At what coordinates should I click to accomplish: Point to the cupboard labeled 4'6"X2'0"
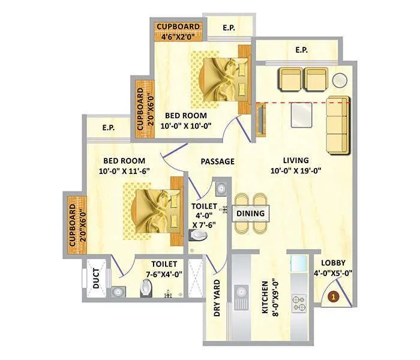(x=178, y=31)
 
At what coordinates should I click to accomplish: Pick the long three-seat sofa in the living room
(x=338, y=125)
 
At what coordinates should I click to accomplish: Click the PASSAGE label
(x=217, y=161)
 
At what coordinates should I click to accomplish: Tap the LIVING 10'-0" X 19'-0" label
(x=295, y=166)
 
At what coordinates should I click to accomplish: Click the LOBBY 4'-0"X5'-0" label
(x=336, y=268)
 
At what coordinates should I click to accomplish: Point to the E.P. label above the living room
(x=302, y=50)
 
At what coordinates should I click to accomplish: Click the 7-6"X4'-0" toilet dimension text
(x=163, y=274)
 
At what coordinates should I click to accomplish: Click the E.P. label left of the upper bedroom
(x=109, y=127)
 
